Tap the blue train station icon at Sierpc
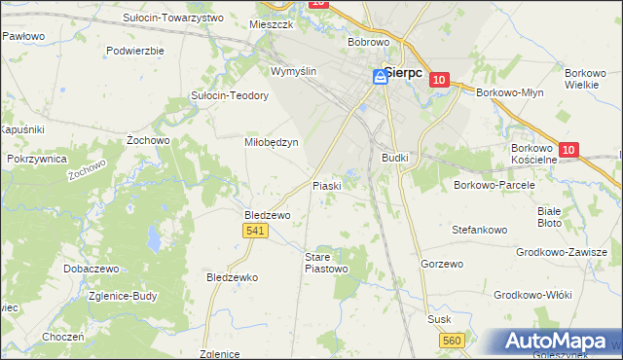[381, 79]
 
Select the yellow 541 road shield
[255, 231]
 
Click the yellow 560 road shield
[451, 341]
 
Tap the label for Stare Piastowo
[326, 263]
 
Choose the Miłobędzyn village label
[270, 141]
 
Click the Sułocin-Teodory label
[230, 95]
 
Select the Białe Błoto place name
[550, 216]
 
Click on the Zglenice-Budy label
[125, 298]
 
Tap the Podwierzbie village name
[135, 50]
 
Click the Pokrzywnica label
[36, 158]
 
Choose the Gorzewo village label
[441, 264]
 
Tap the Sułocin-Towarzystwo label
[173, 18]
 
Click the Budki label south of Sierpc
[395, 157]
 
